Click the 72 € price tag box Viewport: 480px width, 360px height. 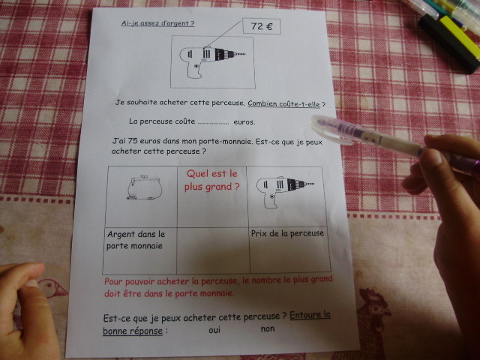point(262,26)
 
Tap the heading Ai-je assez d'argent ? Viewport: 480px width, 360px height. point(157,23)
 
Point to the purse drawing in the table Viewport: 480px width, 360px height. point(143,187)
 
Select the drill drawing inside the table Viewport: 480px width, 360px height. point(285,192)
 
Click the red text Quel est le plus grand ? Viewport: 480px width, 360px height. point(211,180)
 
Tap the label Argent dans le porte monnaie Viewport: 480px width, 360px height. point(136,240)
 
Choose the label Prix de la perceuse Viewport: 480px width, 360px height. point(287,233)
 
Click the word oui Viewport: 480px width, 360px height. point(214,330)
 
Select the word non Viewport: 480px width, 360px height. point(268,329)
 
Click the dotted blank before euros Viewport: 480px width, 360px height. point(213,123)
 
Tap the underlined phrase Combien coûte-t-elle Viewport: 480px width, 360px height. point(283,103)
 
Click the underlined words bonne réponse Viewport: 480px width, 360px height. point(133,331)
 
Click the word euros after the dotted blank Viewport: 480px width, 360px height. point(244,122)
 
